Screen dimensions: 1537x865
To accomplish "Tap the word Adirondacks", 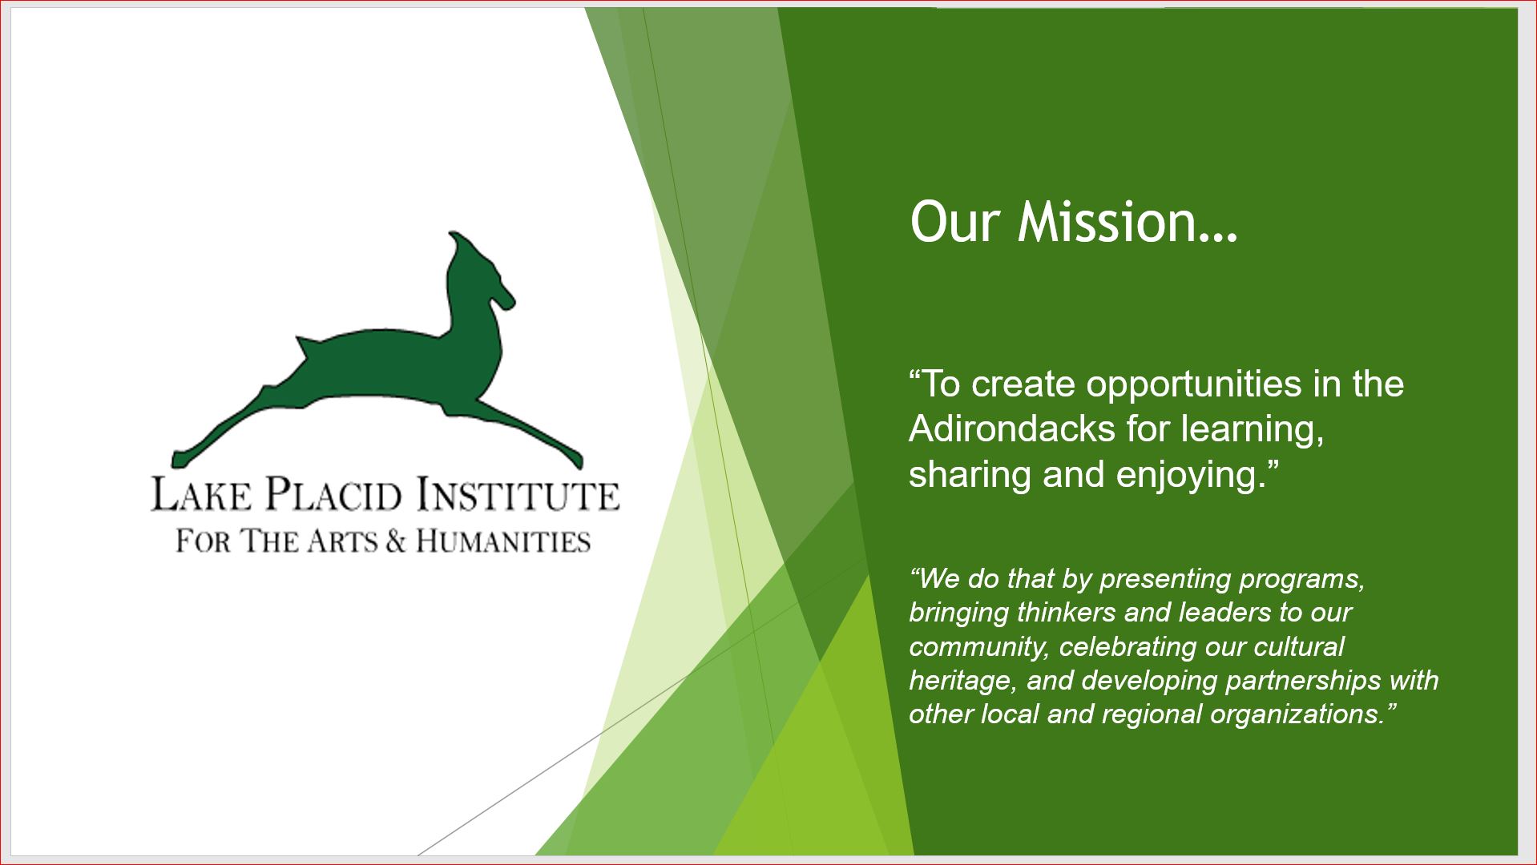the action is pyautogui.click(x=1012, y=429).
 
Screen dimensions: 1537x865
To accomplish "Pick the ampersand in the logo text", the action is pyautogui.click(x=395, y=541).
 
